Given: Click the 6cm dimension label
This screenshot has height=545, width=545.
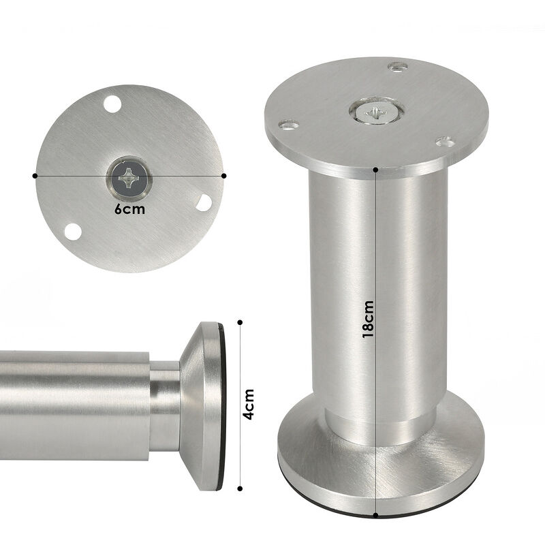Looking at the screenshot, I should pyautogui.click(x=129, y=209).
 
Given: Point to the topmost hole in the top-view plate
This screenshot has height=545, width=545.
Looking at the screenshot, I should pyautogui.click(x=112, y=106).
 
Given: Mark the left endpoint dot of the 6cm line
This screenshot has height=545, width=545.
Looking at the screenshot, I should pyautogui.click(x=35, y=175).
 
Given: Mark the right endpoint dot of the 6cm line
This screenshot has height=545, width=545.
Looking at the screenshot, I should pyautogui.click(x=224, y=175).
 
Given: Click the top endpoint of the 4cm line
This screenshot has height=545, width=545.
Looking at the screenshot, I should pyautogui.click(x=240, y=320).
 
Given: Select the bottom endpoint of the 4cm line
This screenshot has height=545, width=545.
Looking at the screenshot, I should pyautogui.click(x=240, y=488).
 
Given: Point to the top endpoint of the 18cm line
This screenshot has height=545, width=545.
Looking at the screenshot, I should pyautogui.click(x=376, y=167).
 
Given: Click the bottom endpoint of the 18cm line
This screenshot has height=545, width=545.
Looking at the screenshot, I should pyautogui.click(x=376, y=516).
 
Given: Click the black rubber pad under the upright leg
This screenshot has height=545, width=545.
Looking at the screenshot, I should pyautogui.click(x=381, y=512).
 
